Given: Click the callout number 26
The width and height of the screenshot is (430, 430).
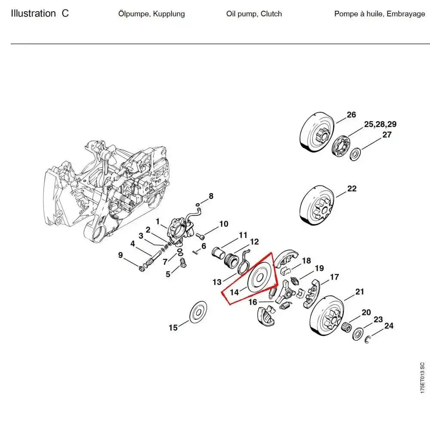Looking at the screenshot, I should (351, 114).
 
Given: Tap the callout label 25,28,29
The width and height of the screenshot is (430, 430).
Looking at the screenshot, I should (380, 124).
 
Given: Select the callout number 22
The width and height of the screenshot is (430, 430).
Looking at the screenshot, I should (352, 189).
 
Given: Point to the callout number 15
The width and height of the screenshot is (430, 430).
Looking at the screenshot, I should (173, 328).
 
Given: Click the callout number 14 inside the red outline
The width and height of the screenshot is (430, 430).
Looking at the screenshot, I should (234, 292).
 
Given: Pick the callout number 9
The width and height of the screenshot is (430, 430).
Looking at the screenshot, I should (120, 255).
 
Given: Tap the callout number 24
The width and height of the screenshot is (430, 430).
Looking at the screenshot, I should (388, 326).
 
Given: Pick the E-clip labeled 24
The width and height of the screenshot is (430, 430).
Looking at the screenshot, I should (368, 341).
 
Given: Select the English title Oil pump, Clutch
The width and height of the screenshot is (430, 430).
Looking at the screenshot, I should (254, 14).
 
